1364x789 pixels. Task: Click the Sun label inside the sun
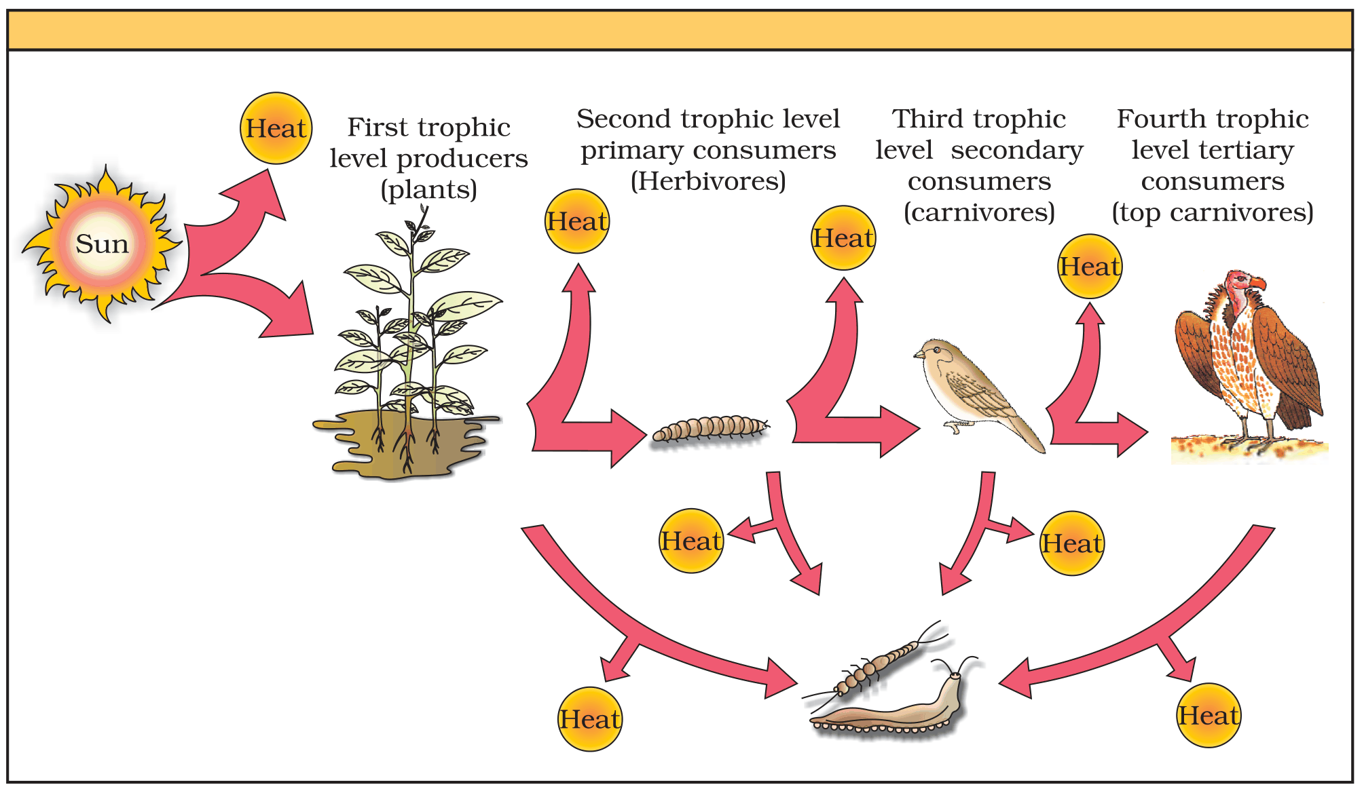[x=102, y=244]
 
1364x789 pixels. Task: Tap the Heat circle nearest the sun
[x=276, y=128]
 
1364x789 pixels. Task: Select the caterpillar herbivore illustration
[x=710, y=429]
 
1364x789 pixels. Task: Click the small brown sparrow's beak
[x=919, y=354]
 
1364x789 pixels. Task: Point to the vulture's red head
[x=1244, y=281]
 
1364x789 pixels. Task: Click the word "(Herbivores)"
[x=708, y=181]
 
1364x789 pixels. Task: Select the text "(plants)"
[x=429, y=189]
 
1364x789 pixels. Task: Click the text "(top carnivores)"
[x=1213, y=212]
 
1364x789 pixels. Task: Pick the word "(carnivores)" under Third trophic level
[x=979, y=212]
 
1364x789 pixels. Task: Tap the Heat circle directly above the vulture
[x=1090, y=267]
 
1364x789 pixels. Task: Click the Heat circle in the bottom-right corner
[x=1209, y=715]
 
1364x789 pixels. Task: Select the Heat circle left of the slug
[x=590, y=719]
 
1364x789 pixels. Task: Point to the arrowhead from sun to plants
[x=289, y=312]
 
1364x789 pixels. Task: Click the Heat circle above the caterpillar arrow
[x=578, y=221]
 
